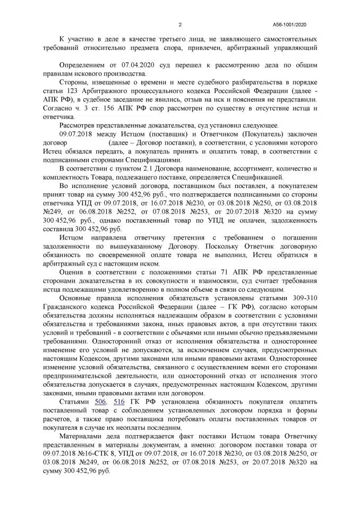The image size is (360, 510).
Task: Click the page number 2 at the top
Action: coord(180,24)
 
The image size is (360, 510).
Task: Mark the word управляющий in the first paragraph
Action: coord(296,47)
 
